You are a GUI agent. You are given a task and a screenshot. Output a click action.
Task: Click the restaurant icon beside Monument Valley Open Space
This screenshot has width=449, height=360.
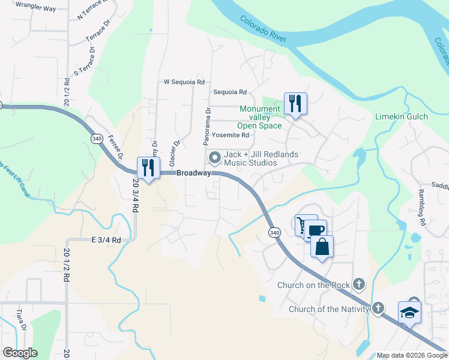tap(295, 103)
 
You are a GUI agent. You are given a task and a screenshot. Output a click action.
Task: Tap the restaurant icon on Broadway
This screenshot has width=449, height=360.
tap(148, 167)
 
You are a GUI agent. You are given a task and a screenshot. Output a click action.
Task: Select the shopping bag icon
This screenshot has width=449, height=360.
tap(322, 247)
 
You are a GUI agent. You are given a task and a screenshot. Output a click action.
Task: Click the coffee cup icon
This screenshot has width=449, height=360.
tap(316, 230)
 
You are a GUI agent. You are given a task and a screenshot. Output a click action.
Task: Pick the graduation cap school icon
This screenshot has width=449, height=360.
tap(409, 312)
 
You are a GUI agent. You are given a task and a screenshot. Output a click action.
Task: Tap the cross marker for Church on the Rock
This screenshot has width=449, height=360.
tap(359, 283)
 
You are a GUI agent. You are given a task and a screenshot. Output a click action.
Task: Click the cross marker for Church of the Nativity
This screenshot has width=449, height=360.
tap(378, 308)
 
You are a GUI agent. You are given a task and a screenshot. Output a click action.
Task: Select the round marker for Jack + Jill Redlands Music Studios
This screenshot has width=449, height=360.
tap(214, 158)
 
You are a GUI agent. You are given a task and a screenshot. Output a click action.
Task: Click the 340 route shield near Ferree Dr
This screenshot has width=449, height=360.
tap(97, 139)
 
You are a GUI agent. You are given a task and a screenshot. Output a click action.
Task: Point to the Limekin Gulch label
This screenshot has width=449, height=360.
tap(402, 116)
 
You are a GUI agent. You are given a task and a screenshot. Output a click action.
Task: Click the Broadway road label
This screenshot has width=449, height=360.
tap(193, 173)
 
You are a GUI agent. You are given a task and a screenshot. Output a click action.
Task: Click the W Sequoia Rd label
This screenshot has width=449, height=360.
tap(184, 82)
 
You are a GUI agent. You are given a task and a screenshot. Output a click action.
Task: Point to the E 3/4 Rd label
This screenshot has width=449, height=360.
tap(106, 239)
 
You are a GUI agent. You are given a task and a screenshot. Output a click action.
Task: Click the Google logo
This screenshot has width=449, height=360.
tap(20, 353)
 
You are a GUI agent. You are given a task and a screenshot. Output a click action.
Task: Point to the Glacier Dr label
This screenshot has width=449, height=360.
tap(174, 154)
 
